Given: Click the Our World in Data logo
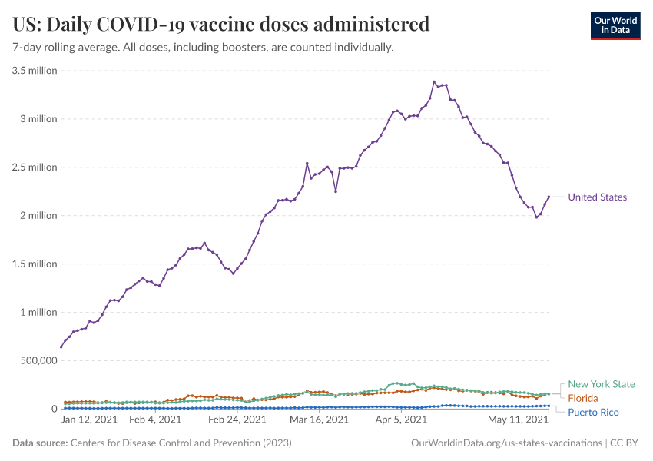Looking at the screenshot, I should (x=615, y=25).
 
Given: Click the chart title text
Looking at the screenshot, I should (x=221, y=24).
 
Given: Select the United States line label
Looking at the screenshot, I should (x=597, y=197).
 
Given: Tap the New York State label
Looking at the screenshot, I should (x=602, y=384).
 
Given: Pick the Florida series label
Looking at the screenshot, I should (x=582, y=398).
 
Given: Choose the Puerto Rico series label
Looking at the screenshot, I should (x=593, y=413).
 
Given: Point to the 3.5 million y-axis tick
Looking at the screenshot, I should (x=35, y=71).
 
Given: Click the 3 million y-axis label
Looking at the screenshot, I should (x=38, y=119).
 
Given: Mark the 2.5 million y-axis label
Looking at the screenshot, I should (x=35, y=167).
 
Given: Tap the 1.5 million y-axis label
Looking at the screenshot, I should (x=35, y=264).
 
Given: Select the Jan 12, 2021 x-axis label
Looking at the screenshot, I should (x=89, y=420).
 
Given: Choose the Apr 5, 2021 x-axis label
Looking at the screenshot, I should (x=402, y=420).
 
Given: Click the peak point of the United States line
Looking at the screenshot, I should (x=434, y=81).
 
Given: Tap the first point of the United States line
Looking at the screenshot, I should (x=61, y=347).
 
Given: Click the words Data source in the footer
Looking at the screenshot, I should (x=40, y=443).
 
